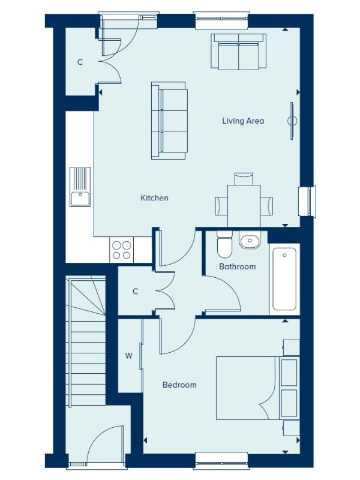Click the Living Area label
(243, 121)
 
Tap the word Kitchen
(154, 198)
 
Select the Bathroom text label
(237, 266)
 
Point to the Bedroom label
(179, 385)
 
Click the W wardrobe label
(128, 356)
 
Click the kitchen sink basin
(80, 199)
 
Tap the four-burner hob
(122, 250)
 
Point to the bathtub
(284, 279)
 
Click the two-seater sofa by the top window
(238, 51)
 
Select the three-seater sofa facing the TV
(169, 121)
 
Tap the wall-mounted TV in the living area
(292, 121)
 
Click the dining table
(244, 206)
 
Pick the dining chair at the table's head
(244, 179)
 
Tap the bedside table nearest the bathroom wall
(291, 348)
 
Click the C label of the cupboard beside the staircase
(136, 291)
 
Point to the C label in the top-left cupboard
(80, 62)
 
